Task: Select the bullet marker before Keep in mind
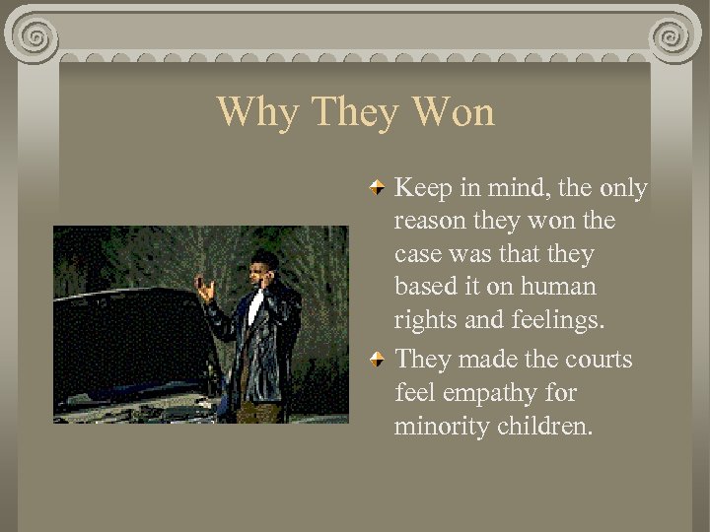[378, 186]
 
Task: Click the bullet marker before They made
[378, 360]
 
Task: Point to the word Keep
[421, 187]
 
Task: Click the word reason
[429, 222]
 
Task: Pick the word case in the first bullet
[417, 255]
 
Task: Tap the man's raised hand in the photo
[204, 288]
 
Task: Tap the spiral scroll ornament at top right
[672, 37]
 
